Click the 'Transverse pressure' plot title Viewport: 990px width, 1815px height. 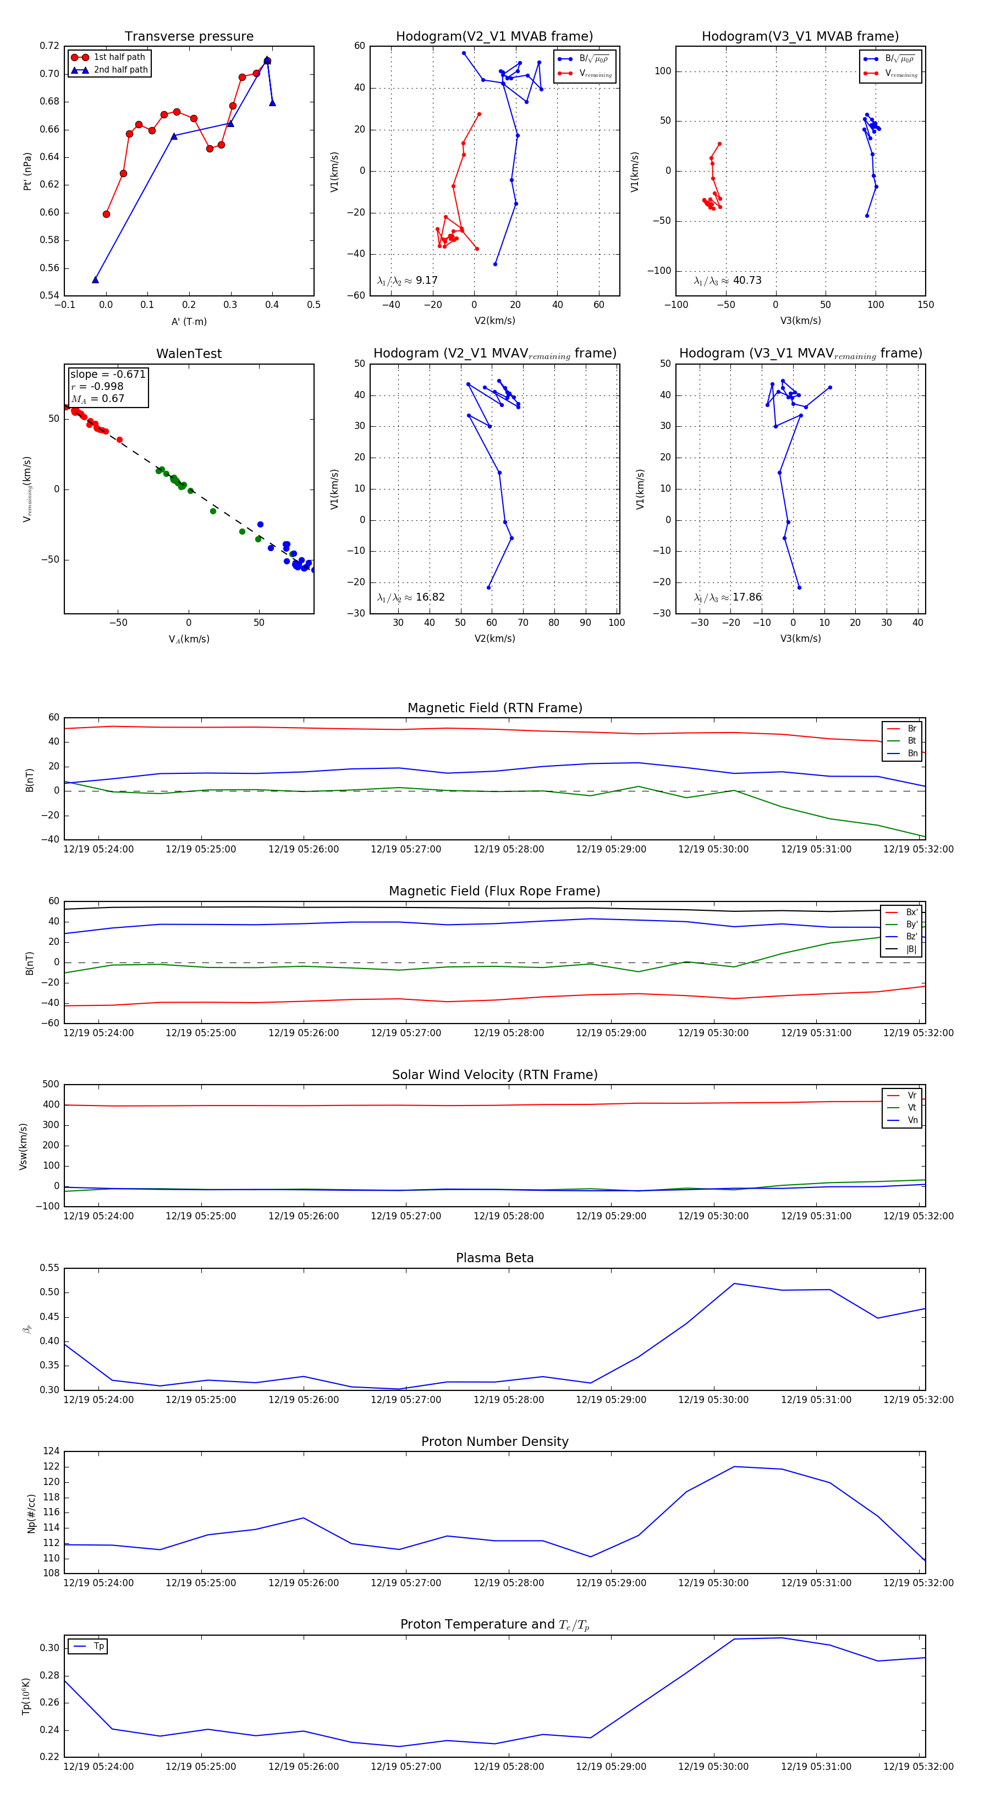tap(189, 37)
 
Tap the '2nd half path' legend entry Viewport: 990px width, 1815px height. tap(120, 70)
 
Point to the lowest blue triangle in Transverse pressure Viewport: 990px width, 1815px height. tap(95, 280)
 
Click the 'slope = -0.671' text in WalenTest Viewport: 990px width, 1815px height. tap(107, 374)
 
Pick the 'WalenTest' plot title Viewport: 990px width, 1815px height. tap(189, 354)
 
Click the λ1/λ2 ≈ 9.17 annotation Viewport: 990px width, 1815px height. tap(407, 280)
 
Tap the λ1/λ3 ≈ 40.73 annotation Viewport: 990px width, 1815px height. tap(727, 280)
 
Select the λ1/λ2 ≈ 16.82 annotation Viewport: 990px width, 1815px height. tap(411, 597)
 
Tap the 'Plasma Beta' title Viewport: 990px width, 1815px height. tap(494, 1258)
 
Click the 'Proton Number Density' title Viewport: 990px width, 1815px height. tap(494, 1442)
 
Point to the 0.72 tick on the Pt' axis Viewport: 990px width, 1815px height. tap(50, 46)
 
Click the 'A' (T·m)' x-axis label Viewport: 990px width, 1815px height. tap(189, 321)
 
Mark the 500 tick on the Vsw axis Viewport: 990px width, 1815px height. tap(51, 1085)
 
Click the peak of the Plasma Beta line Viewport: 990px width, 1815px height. tap(734, 1283)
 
